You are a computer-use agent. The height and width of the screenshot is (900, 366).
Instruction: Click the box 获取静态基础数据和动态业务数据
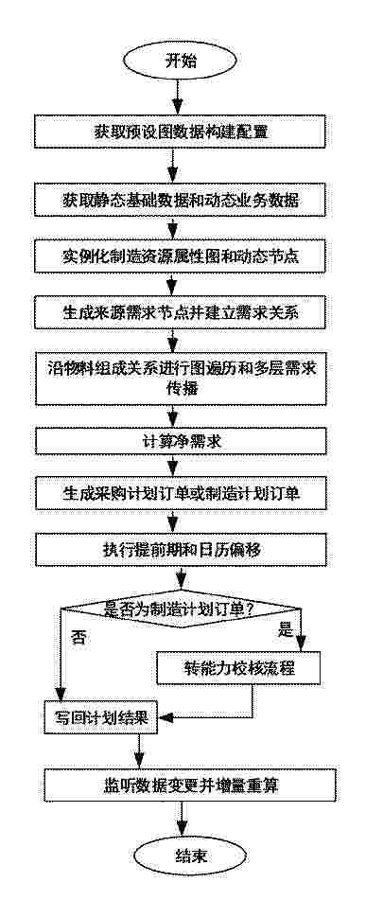tap(182, 201)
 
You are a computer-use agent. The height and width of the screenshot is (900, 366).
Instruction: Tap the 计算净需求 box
tap(182, 442)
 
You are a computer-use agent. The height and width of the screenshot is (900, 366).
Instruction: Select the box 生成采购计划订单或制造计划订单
tap(182, 494)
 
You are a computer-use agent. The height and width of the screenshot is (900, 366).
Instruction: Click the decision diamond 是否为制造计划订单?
tap(182, 608)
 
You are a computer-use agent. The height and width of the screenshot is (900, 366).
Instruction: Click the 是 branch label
tap(285, 629)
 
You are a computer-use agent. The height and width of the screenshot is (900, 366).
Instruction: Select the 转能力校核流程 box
tap(238, 667)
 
